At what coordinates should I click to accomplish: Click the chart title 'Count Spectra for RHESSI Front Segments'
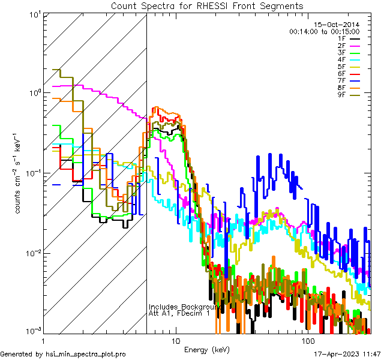coord(207,6)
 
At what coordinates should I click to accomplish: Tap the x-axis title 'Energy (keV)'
coord(207,350)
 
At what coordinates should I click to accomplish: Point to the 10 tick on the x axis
coord(175,340)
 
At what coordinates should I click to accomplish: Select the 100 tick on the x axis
coord(305,340)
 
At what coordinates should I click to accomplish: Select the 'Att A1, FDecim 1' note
coord(179,313)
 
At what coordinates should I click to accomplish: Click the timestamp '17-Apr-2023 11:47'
coord(348,355)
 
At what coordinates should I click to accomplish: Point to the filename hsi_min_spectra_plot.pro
coord(86,355)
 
